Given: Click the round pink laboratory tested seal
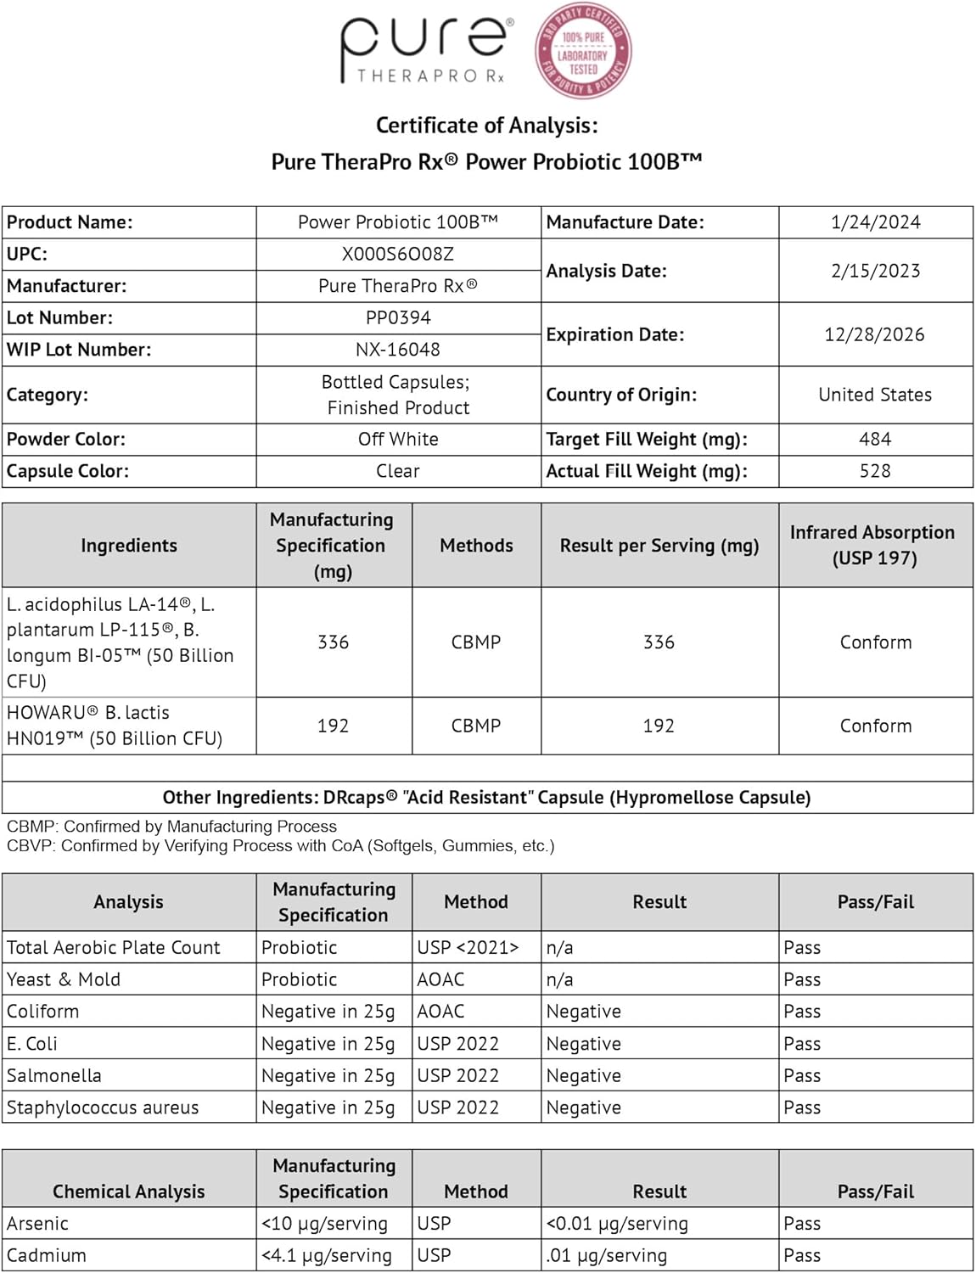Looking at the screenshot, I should pyautogui.click(x=582, y=50).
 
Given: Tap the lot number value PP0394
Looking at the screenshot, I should pyautogui.click(x=398, y=317).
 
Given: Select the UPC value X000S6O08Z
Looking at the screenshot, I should pyautogui.click(x=398, y=254).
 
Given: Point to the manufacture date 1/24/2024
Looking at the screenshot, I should pyautogui.click(x=875, y=222).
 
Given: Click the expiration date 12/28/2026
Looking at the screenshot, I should pyautogui.click(x=874, y=334).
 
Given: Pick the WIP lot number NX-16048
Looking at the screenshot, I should pyautogui.click(x=398, y=350).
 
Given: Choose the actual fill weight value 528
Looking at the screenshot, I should pyautogui.click(x=875, y=471).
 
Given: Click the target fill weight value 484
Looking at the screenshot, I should pyautogui.click(x=875, y=439).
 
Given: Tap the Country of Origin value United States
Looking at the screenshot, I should pyautogui.click(x=875, y=395).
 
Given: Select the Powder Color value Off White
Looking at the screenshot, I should pyautogui.click(x=398, y=439).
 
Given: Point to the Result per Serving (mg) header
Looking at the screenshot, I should pyautogui.click(x=659, y=546).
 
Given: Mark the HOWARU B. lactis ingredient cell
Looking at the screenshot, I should pyautogui.click(x=115, y=726).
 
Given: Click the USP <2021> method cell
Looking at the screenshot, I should pyautogui.click(x=468, y=947).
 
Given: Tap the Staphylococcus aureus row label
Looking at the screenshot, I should pyautogui.click(x=103, y=1108).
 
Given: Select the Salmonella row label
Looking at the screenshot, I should pyautogui.click(x=54, y=1075).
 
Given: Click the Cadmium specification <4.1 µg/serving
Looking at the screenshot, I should pyautogui.click(x=327, y=1255).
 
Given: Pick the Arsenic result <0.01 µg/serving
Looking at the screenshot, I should pyautogui.click(x=617, y=1224).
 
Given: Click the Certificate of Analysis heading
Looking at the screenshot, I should pyautogui.click(x=486, y=126).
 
